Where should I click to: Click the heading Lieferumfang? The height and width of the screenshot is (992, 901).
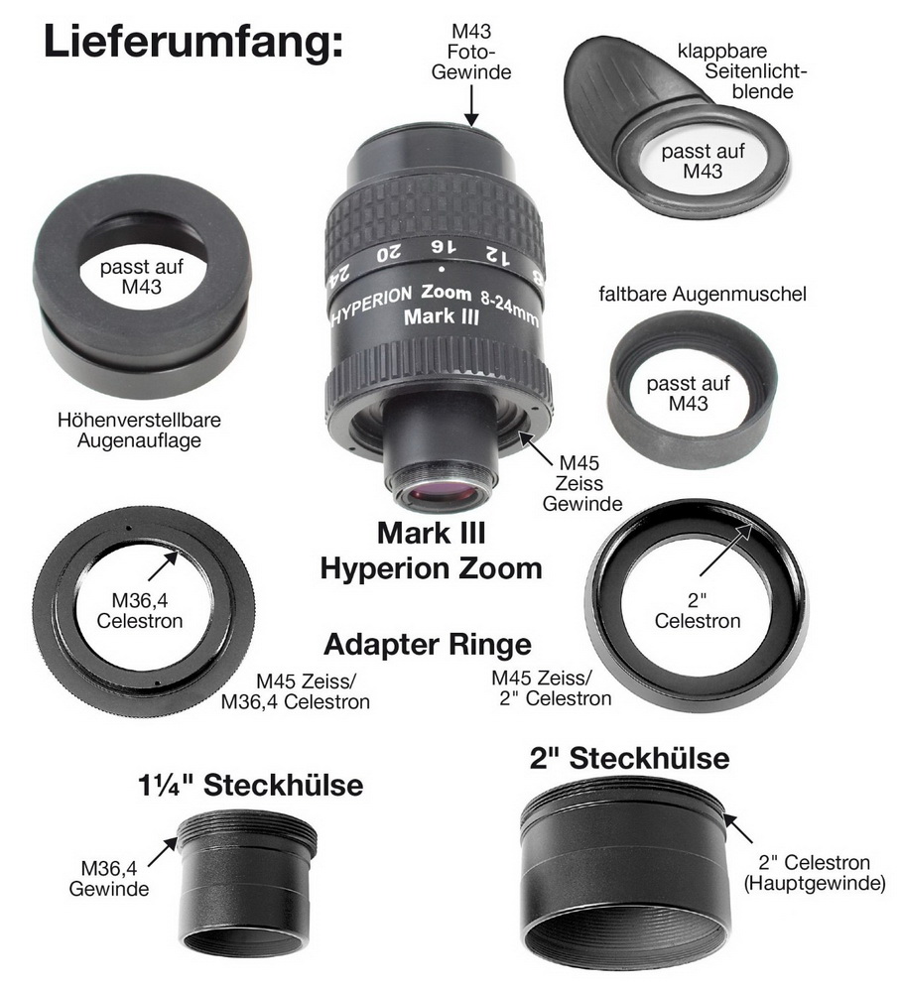(x=193, y=43)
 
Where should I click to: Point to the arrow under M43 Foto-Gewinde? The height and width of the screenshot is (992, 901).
(x=471, y=105)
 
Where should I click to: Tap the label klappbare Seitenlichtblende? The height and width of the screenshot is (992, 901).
(x=741, y=70)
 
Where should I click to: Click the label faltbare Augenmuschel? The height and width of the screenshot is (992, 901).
(x=703, y=295)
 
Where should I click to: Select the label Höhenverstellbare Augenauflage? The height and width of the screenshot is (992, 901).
(x=139, y=431)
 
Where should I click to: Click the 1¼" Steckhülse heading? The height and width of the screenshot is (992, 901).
(x=251, y=785)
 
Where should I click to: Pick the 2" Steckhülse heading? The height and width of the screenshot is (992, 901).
(x=629, y=758)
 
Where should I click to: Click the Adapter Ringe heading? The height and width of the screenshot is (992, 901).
(x=428, y=645)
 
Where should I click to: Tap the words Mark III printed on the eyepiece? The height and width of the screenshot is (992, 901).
(x=442, y=316)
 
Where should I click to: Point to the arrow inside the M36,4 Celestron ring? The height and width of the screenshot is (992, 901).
(x=164, y=565)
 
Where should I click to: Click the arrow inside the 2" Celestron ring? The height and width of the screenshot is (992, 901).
(x=726, y=550)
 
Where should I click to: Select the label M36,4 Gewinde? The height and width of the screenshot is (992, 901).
(x=109, y=878)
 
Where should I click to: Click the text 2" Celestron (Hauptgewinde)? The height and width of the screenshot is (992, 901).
(x=815, y=872)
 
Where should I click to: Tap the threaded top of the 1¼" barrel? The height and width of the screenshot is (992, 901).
(x=247, y=829)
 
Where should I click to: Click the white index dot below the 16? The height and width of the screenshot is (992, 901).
(x=442, y=270)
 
